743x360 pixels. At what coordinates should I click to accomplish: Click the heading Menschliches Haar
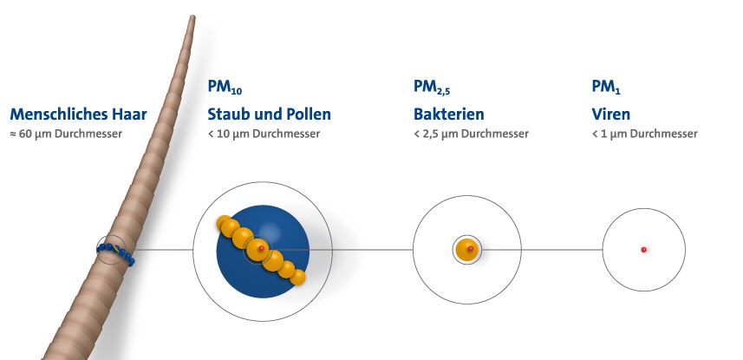[x=78, y=115]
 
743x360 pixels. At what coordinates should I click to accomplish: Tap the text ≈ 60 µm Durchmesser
[x=66, y=134]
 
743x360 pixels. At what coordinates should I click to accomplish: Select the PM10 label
[x=225, y=87]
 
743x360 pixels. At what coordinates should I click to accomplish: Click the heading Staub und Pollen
[x=269, y=115]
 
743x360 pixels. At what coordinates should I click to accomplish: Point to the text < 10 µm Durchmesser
[x=264, y=134]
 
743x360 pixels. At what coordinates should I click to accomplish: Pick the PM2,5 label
[x=431, y=87]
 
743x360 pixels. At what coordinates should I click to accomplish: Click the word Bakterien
[x=449, y=115]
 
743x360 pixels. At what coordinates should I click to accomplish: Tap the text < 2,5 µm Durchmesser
[x=471, y=134]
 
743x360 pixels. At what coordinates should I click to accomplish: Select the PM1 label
[x=606, y=87]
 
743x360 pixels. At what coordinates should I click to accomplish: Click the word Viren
[x=611, y=115]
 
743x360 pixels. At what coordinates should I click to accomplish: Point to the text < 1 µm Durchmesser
[x=644, y=134]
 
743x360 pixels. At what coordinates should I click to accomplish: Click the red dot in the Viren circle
[x=643, y=250]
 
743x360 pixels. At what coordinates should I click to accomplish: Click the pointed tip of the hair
[x=192, y=17]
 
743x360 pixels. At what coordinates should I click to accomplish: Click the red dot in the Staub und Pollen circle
[x=261, y=248]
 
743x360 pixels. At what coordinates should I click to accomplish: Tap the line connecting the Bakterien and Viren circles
[x=542, y=250]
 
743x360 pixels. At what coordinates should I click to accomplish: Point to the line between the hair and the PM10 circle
[x=164, y=250]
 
